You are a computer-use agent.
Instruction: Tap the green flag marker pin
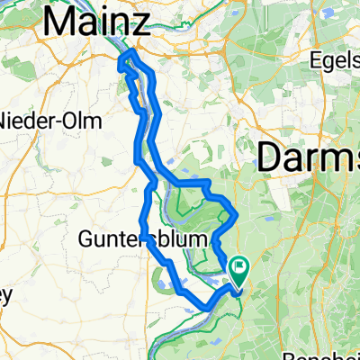click(x=239, y=269)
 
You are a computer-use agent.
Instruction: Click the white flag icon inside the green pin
click(x=239, y=265)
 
